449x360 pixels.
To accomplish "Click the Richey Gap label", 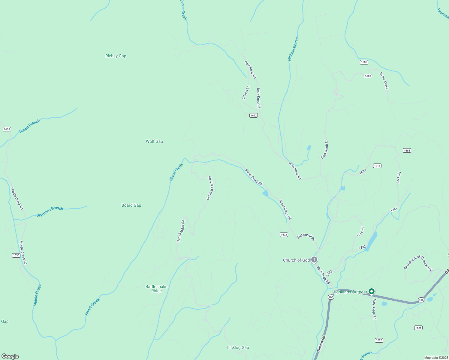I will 116,56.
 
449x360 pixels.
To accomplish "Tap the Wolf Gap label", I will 154,141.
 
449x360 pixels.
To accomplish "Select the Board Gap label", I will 131,205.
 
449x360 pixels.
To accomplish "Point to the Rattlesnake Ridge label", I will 156,289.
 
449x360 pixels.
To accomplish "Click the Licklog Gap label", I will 238,347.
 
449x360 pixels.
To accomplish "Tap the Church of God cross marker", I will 314,260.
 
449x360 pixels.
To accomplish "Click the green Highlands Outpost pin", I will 372,291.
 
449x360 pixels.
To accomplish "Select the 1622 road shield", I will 254,115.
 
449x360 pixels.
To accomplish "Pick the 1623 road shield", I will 284,235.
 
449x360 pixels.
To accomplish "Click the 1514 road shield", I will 377,166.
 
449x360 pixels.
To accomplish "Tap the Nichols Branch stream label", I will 293,49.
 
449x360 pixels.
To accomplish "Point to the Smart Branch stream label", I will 30,126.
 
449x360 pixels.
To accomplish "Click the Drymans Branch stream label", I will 50,211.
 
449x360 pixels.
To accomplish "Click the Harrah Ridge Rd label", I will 180,231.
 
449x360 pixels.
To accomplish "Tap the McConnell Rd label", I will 306,237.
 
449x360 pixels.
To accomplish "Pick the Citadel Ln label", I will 246,92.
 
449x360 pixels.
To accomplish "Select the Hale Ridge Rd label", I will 374,309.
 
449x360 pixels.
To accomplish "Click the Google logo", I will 10,356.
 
